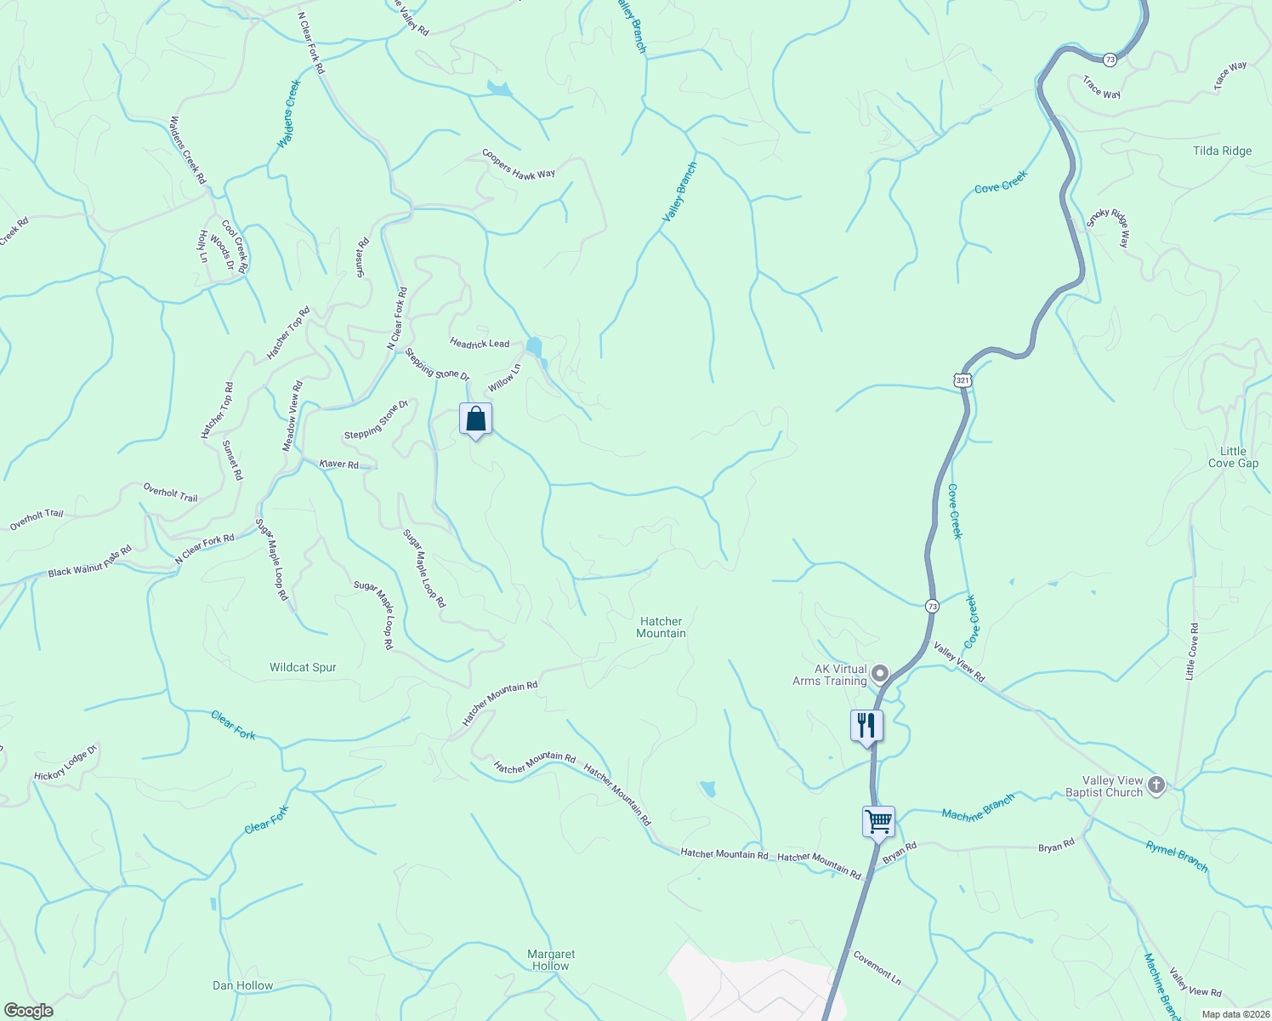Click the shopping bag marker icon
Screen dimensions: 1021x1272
pyautogui.click(x=475, y=419)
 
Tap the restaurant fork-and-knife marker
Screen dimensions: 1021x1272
pyautogui.click(x=866, y=726)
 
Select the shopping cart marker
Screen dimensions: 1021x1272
pyautogui.click(x=878, y=822)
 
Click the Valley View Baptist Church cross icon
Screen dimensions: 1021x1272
pyautogui.click(x=1156, y=785)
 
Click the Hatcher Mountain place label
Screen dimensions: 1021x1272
pyautogui.click(x=661, y=627)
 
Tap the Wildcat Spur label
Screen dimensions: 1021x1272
pyautogui.click(x=303, y=667)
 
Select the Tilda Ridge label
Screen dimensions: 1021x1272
pyautogui.click(x=1222, y=151)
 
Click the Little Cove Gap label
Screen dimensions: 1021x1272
pyautogui.click(x=1233, y=457)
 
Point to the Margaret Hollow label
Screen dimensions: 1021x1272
pyautogui.click(x=551, y=960)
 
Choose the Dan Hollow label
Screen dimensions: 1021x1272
pyautogui.click(x=242, y=985)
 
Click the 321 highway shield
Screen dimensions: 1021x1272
pyautogui.click(x=962, y=380)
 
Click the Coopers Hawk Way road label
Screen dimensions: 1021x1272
pyautogui.click(x=518, y=164)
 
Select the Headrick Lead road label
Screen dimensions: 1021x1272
pyautogui.click(x=480, y=343)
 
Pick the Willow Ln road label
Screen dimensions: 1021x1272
pyautogui.click(x=504, y=378)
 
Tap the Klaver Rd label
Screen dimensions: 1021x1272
pyautogui.click(x=338, y=464)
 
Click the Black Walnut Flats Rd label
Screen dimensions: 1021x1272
pyautogui.click(x=89, y=561)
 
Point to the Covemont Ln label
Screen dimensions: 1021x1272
pyautogui.click(x=877, y=967)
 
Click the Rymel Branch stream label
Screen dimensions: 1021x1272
pyautogui.click(x=1176, y=856)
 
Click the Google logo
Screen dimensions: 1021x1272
pyautogui.click(x=29, y=1011)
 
